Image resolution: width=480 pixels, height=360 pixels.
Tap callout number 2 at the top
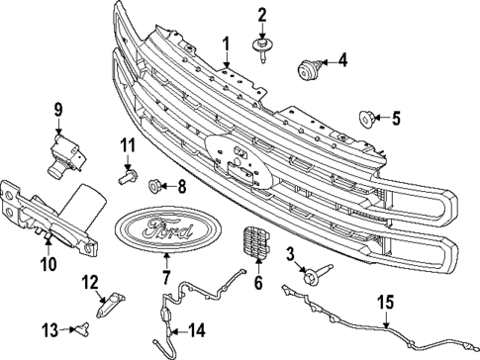263,14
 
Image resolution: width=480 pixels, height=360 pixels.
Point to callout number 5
396,120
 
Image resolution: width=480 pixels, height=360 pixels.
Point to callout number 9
57,108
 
